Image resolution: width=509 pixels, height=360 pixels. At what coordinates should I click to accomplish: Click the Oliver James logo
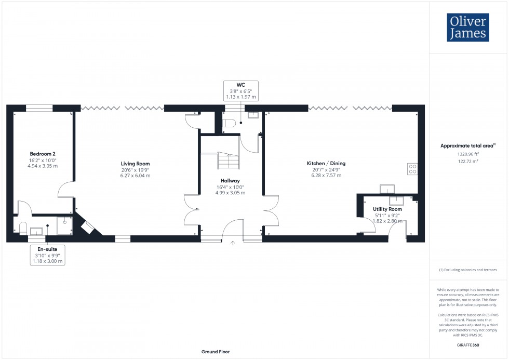(468, 28)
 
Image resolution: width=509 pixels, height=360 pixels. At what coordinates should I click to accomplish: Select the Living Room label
(135, 164)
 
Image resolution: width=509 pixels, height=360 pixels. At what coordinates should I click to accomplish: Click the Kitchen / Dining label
(326, 163)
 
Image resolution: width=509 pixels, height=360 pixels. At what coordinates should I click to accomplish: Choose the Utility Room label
(387, 209)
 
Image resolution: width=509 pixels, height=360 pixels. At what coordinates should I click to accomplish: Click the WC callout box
(240, 90)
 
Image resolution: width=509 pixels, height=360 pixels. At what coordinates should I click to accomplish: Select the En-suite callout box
(47, 255)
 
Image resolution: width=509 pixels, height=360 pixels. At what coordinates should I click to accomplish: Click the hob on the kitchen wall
(413, 169)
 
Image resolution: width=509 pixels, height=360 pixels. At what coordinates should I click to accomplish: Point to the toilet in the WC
(229, 123)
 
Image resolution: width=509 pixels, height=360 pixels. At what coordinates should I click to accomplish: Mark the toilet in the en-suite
(22, 228)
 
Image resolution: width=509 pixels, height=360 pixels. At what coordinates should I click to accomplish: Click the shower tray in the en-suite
(64, 226)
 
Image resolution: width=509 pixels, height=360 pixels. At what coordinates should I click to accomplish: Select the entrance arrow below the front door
(233, 242)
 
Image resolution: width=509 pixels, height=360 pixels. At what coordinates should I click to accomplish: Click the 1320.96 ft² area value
(468, 154)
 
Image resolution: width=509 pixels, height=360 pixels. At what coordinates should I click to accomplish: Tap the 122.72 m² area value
(468, 162)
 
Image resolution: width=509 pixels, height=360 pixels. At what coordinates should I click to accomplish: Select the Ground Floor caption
(216, 352)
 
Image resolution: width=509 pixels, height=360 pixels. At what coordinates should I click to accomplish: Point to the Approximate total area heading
(467, 146)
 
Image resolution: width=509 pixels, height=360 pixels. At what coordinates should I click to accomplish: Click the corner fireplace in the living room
(88, 227)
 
